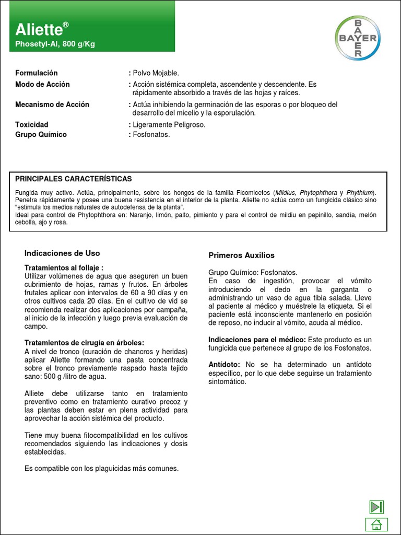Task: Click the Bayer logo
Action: click(x=358, y=37)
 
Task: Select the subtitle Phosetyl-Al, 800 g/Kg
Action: click(x=55, y=44)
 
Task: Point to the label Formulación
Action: click(x=37, y=73)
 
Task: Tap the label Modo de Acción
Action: click(x=42, y=85)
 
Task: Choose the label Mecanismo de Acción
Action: click(x=52, y=104)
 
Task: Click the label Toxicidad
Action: click(x=32, y=125)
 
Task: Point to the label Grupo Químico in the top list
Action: click(x=41, y=135)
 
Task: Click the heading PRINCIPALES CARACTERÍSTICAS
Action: click(x=74, y=179)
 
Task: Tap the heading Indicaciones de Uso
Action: click(x=62, y=253)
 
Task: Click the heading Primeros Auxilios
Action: click(x=241, y=255)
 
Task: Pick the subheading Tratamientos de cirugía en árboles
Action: click(x=84, y=343)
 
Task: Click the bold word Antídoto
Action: click(x=224, y=364)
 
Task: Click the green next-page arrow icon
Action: click(x=376, y=506)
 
